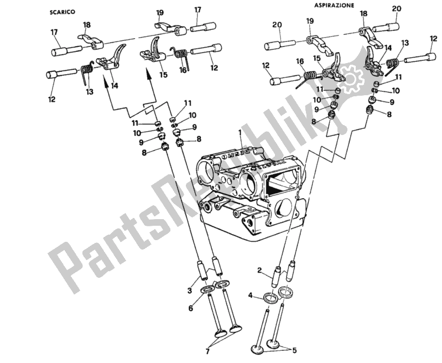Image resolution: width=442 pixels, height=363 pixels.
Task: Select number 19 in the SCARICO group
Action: [x=160, y=12]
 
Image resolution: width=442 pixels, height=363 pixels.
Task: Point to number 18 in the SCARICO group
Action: [x=87, y=25]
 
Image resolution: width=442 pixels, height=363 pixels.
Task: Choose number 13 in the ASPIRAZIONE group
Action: [x=406, y=43]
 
